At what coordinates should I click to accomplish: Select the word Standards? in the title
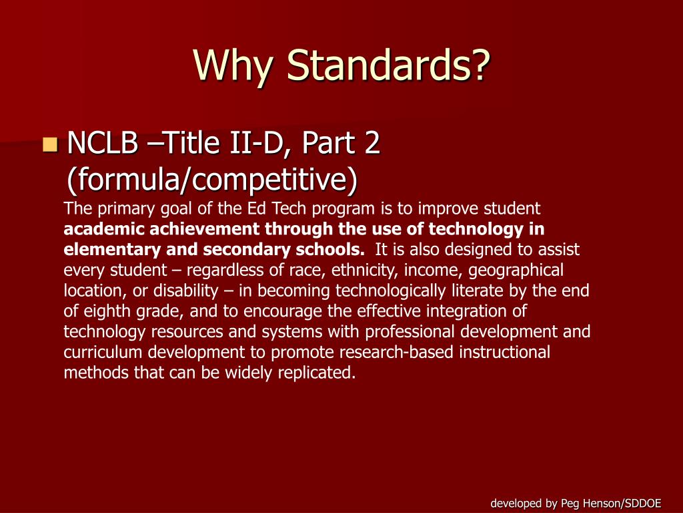[x=390, y=67]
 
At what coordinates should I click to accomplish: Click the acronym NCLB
[x=103, y=144]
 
